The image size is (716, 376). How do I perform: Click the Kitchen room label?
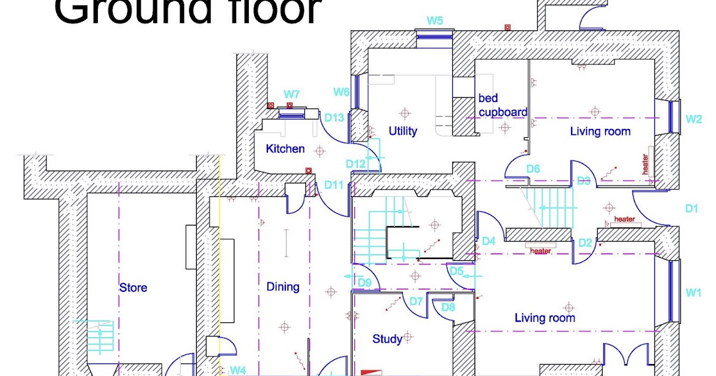pos(285,149)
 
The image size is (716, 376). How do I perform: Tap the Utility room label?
pos(403,131)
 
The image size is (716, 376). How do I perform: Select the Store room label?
pos(133,288)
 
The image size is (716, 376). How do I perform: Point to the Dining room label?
pos(283,286)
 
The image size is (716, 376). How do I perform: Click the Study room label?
pos(387,339)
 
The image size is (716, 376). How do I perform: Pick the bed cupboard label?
pos(502,105)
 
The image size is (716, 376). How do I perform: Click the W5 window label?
pos(434,21)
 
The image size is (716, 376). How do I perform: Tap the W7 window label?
pos(292,94)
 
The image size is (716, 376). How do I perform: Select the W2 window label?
pos(693,119)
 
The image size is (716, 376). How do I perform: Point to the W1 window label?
pos(693,292)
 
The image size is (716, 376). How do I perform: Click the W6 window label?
pos(341,92)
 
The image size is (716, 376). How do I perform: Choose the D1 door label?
pos(692,209)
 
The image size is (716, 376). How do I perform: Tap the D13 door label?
pos(335,118)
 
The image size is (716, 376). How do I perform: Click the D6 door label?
pos(533,169)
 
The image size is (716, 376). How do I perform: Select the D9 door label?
pos(365,282)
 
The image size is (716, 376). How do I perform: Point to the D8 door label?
pos(448,308)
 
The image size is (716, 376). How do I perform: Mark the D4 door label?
pos(489,241)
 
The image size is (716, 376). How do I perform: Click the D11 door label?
pos(335,185)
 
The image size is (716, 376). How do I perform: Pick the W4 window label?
pos(238,371)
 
